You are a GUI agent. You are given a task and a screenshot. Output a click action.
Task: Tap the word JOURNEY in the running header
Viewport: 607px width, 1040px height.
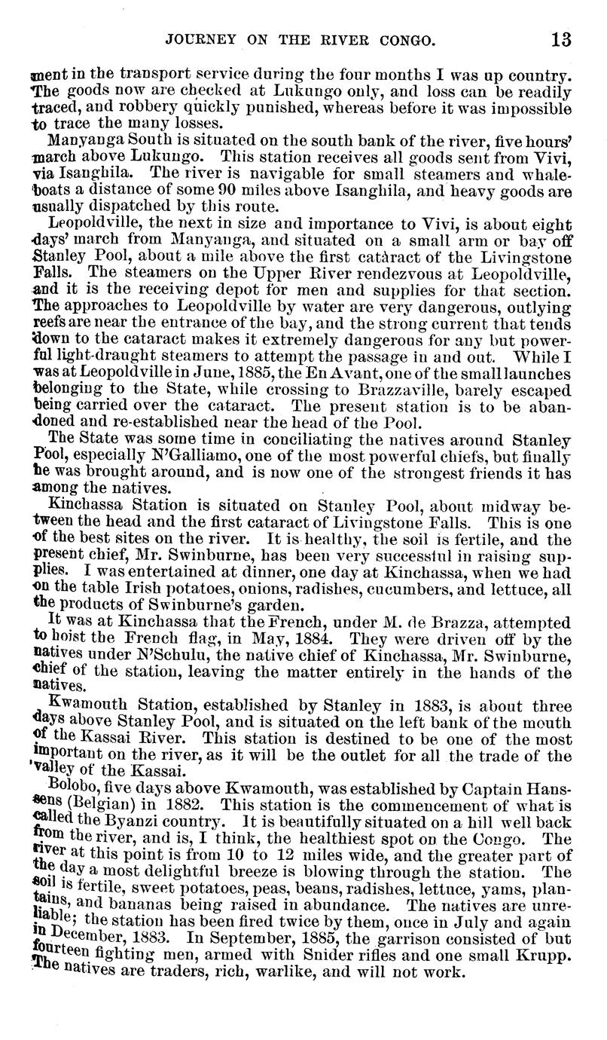point(200,38)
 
